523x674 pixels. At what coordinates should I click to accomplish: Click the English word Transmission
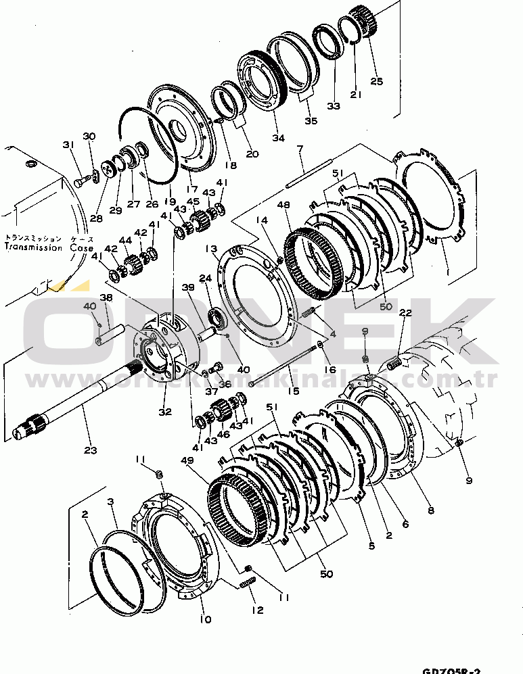pos(33,247)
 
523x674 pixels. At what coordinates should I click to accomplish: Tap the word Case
pos(81,247)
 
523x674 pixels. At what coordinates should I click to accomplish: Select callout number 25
pos(376,82)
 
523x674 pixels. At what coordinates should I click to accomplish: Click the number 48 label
pos(285,206)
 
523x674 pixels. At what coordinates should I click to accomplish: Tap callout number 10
pos(206,619)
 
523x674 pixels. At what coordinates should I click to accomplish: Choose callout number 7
pos(300,148)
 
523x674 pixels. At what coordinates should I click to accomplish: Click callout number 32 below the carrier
pos(165,410)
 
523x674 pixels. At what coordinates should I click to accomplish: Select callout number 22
pos(405,314)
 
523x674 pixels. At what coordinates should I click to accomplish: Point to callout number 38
pos(106,297)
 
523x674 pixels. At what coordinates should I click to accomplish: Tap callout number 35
pos(311,121)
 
